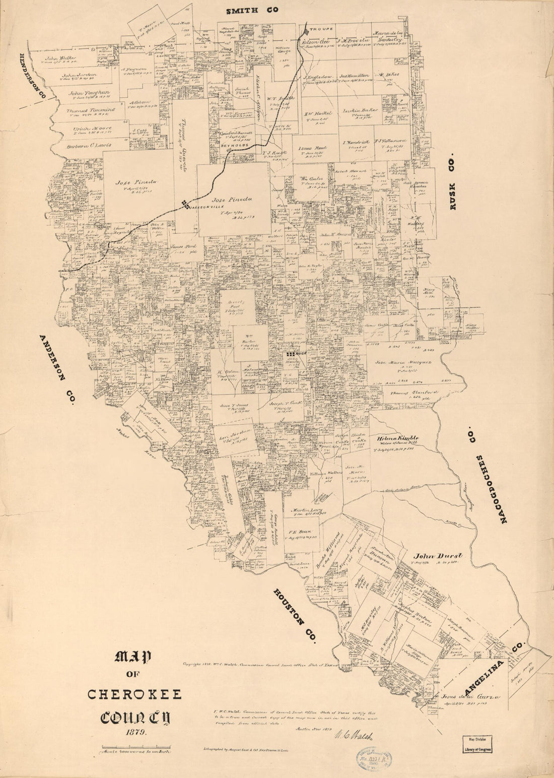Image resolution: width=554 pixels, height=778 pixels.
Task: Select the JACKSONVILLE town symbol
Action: point(185,204)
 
